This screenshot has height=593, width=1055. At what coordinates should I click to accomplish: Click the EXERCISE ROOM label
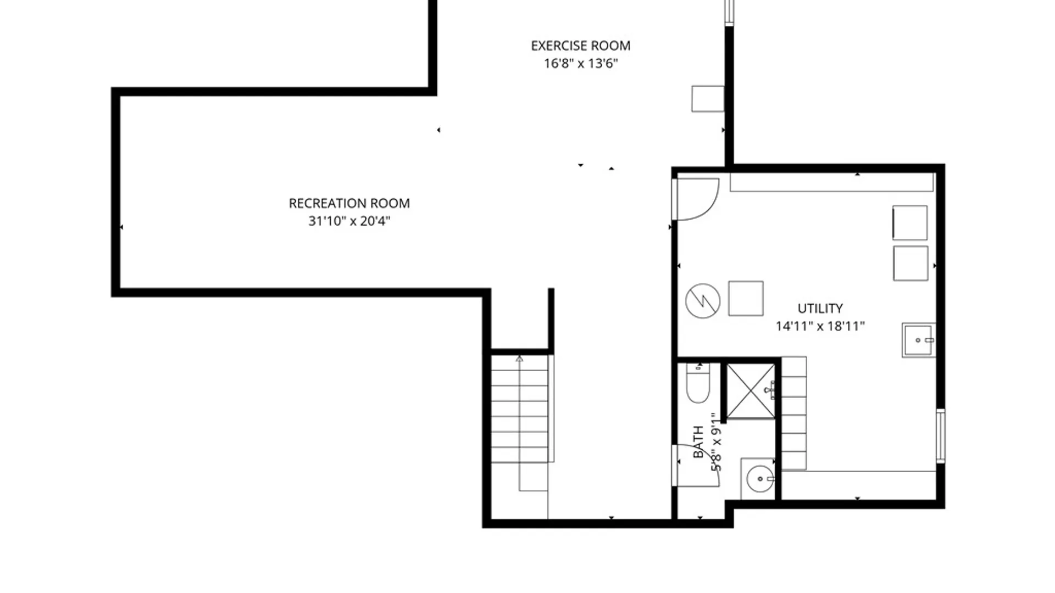(x=580, y=46)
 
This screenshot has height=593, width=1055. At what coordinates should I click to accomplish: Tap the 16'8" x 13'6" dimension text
(x=581, y=63)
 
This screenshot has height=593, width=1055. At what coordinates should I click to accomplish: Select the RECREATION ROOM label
(x=349, y=203)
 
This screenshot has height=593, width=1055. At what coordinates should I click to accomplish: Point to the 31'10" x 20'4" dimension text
(x=349, y=221)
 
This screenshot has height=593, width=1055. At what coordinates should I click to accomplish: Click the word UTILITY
(x=820, y=308)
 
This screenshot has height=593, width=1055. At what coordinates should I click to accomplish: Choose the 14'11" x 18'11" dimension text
(x=820, y=326)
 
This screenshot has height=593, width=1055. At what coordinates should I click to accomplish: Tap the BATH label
(x=698, y=442)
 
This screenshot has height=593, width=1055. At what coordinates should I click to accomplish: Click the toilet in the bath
(x=698, y=382)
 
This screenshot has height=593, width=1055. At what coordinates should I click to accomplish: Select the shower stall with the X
(x=751, y=391)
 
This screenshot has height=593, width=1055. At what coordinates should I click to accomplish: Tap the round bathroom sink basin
(x=760, y=479)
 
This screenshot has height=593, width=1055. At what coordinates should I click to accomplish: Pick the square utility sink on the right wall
(x=918, y=340)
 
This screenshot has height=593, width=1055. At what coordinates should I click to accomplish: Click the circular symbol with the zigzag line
(x=703, y=300)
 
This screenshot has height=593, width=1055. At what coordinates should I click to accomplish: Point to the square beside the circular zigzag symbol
(x=746, y=299)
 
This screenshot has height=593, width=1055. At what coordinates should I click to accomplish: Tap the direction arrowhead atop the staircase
(x=519, y=359)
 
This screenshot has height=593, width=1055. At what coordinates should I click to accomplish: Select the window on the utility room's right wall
(x=941, y=436)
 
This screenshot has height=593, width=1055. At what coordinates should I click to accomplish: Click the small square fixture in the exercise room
(x=708, y=99)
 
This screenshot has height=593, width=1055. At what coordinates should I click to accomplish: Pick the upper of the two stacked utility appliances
(x=910, y=222)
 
